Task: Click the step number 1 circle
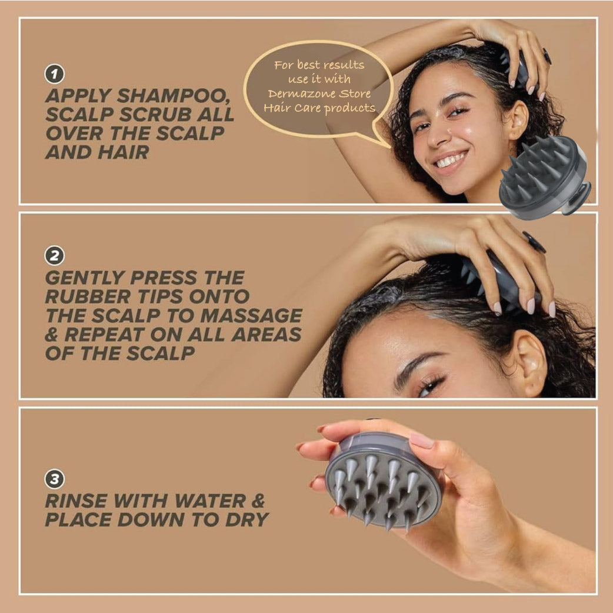pos(54,74)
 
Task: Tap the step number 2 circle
pos(54,256)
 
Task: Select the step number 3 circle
pos(54,479)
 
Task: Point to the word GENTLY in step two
pos(85,278)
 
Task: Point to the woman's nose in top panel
pos(437,133)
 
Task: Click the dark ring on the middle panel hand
pos(534,241)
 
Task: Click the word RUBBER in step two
pos(88,296)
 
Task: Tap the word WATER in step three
pos(210,501)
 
